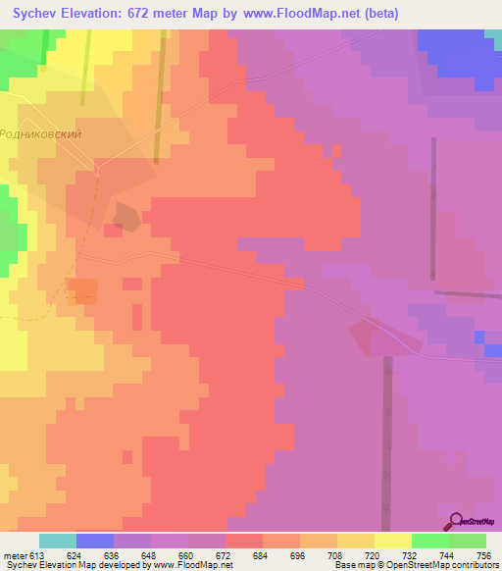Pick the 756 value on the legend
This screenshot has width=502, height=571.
pyautogui.click(x=484, y=556)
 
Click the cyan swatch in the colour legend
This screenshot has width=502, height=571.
pyautogui.click(x=58, y=541)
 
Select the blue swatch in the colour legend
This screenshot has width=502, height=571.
pyautogui.click(x=95, y=541)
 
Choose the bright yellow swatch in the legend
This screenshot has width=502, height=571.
pyautogui.click(x=392, y=541)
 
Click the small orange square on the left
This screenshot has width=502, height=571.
pyautogui.click(x=83, y=290)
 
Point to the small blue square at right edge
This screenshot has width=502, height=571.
pyautogui.click(x=478, y=337)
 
